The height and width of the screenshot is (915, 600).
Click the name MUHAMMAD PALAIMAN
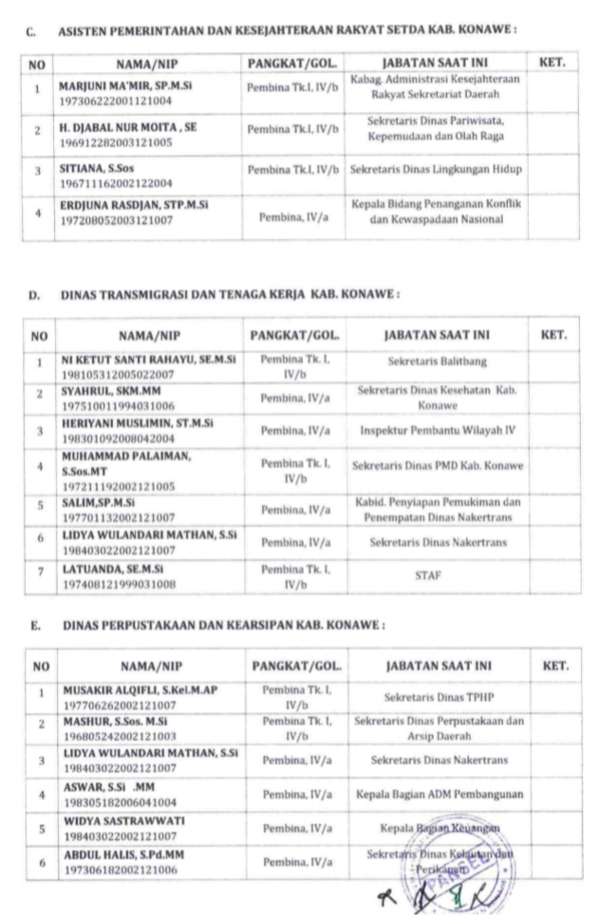pos(124,456)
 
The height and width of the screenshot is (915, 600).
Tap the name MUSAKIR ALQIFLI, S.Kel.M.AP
pos(141,689)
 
